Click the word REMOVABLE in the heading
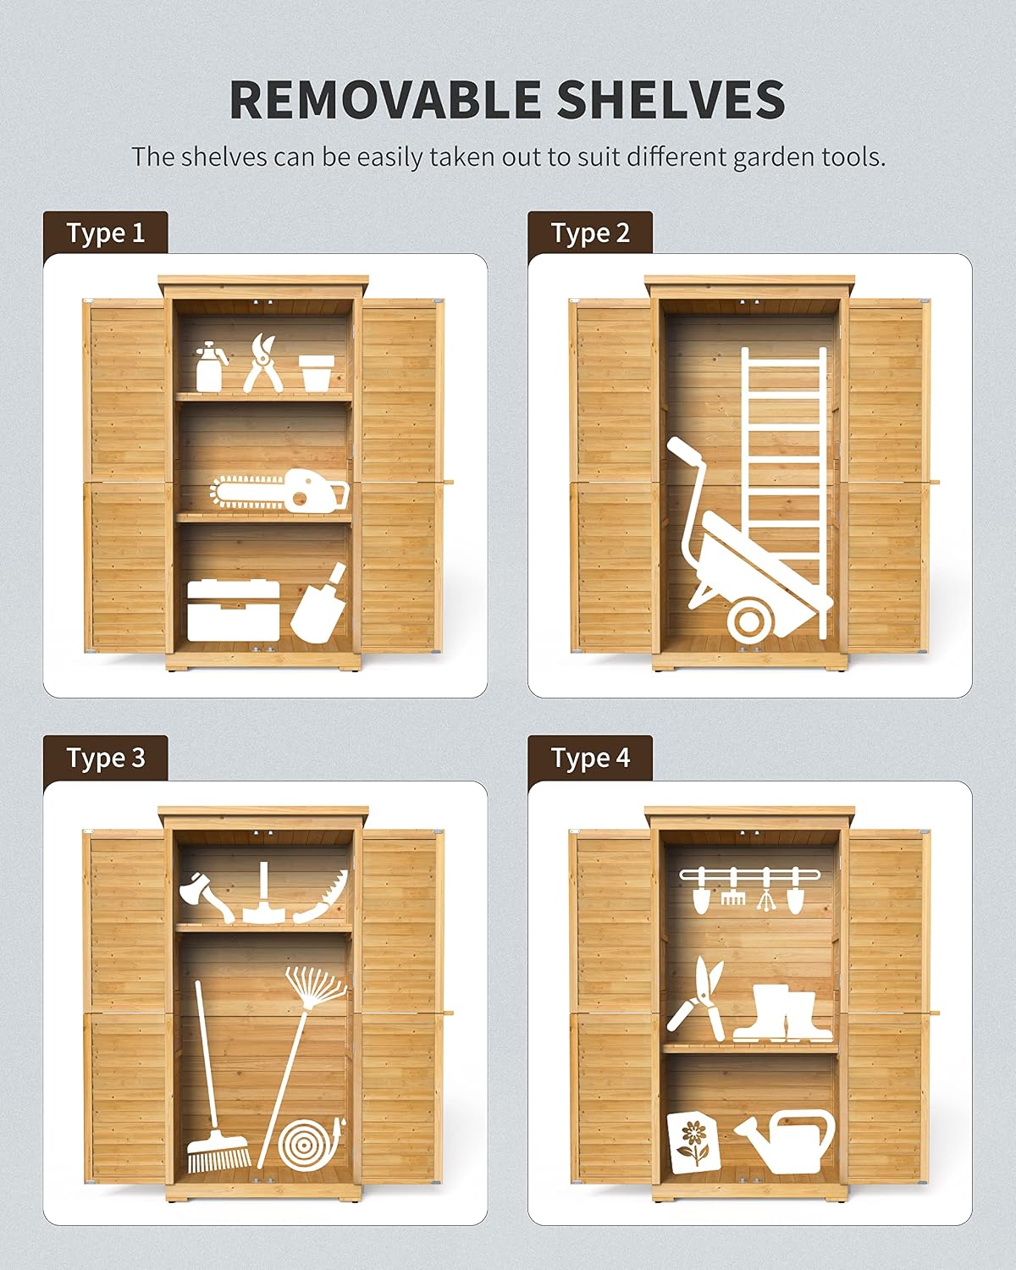coord(384,99)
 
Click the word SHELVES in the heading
coord(671,99)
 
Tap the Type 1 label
coord(106,233)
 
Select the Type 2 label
coord(590,233)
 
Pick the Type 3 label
coord(106,757)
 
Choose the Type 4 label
coord(590,757)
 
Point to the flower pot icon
coord(317,373)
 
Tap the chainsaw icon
coord(280,489)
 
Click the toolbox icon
coord(233,610)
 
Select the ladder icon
coord(784,493)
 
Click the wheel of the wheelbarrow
coord(748,622)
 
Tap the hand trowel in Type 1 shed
coord(319,603)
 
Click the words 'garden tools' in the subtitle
coord(809,158)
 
